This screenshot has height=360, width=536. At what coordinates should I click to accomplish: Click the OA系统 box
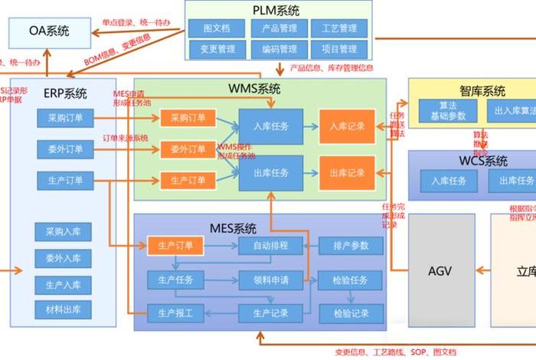pos(50,31)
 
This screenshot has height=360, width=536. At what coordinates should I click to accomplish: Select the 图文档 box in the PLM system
pos(217,29)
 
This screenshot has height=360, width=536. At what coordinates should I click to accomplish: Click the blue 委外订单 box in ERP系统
pos(65,149)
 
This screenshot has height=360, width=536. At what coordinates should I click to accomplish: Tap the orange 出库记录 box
pos(347,172)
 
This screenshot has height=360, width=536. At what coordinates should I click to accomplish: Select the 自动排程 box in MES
pos(265,246)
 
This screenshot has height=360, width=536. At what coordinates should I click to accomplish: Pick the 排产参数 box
pos(351,246)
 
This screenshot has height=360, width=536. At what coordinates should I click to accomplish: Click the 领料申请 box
pos(265,280)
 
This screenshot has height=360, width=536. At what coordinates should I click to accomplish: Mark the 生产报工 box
pos(175,313)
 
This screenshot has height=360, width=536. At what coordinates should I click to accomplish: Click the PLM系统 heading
pos(276,10)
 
